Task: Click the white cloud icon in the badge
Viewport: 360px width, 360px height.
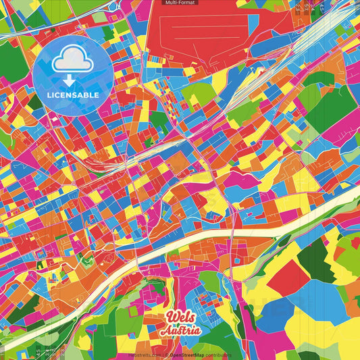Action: [73, 61]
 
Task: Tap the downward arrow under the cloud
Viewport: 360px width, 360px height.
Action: [73, 80]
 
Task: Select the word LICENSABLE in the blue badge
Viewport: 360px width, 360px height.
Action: [73, 95]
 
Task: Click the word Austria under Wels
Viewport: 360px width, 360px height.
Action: [180, 331]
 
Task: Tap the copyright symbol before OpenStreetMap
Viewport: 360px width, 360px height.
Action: [168, 354]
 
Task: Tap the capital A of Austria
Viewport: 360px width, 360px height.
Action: [166, 331]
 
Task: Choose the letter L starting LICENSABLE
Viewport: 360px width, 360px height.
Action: [49, 95]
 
